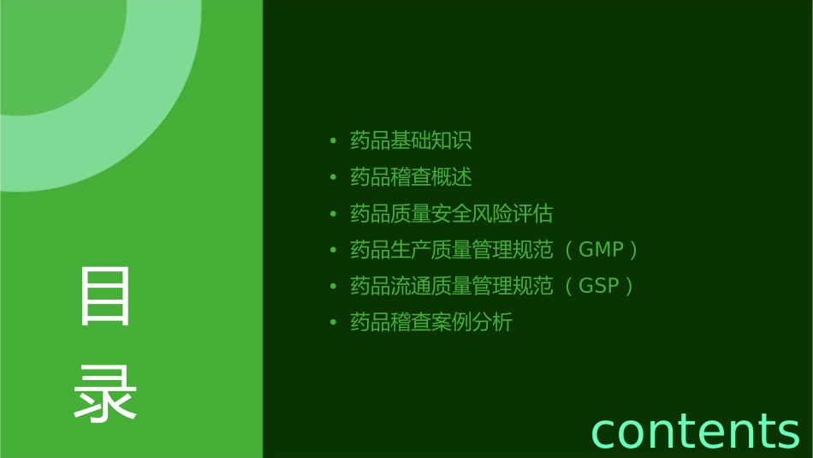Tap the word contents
pyautogui.click(x=695, y=430)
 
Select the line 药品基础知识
pyautogui.click(x=411, y=140)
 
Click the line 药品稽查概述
pyautogui.click(x=411, y=177)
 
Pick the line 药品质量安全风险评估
pyautogui.click(x=451, y=213)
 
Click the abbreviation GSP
pyautogui.click(x=599, y=286)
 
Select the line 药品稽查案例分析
pyautogui.click(x=431, y=323)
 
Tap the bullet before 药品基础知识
pyautogui.click(x=333, y=140)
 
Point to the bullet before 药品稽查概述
pyautogui.click(x=333, y=177)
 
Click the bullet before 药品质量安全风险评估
pyautogui.click(x=333, y=213)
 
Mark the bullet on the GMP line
pyautogui.click(x=333, y=250)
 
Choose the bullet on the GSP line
pyautogui.click(x=333, y=286)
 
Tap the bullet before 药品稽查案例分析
pyautogui.click(x=333, y=323)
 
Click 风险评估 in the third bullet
pyautogui.click(x=513, y=213)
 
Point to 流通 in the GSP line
pyautogui.click(x=411, y=286)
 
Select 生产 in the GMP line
pyautogui.click(x=411, y=250)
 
